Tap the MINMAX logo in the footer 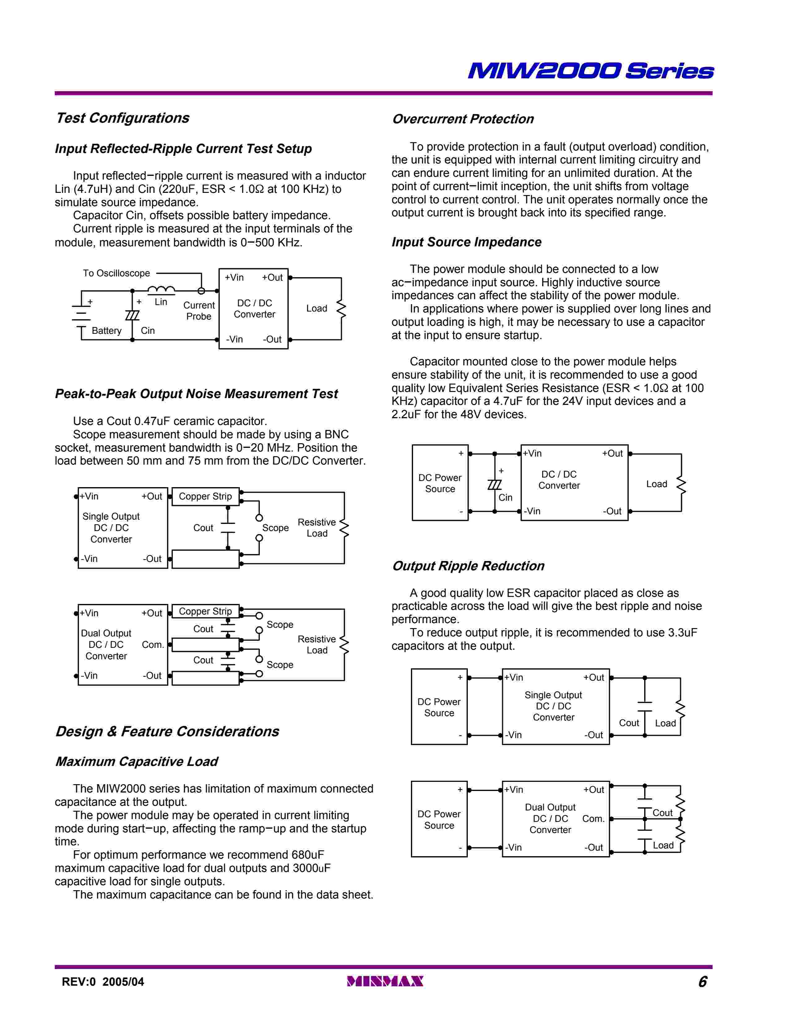[x=385, y=981]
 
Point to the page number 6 [x=703, y=981]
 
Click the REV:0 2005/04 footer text [x=103, y=981]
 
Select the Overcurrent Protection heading [x=463, y=119]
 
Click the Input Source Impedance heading [x=467, y=242]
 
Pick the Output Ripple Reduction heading [x=468, y=566]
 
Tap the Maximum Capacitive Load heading [x=136, y=761]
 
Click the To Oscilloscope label [x=116, y=273]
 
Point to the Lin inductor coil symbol [x=161, y=291]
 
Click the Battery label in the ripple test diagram [x=106, y=331]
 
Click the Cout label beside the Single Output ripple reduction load [x=629, y=723]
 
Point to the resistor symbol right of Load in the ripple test [x=341, y=309]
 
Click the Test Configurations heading [x=123, y=118]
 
